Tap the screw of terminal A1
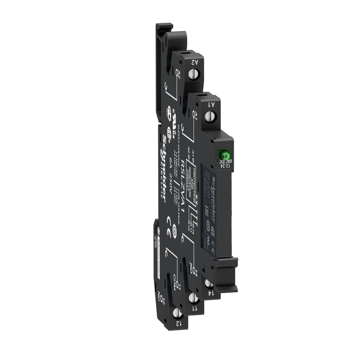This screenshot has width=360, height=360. pyautogui.click(x=211, y=115)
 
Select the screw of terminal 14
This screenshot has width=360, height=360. pyautogui.click(x=208, y=283)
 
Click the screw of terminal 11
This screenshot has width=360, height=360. pyautogui.click(x=192, y=298)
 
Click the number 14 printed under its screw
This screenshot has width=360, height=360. pyautogui.click(x=210, y=292)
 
